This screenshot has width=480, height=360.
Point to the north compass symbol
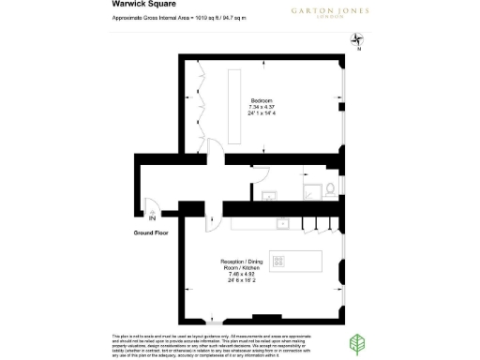[x=356, y=39]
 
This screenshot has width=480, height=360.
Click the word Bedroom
[x=261, y=100]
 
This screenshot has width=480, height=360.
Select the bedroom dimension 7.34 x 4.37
[x=261, y=107]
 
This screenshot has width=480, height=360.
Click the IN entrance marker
[x=152, y=218]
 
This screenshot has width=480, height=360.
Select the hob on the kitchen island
[x=277, y=260]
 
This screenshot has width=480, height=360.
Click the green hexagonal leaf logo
[x=357, y=342]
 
